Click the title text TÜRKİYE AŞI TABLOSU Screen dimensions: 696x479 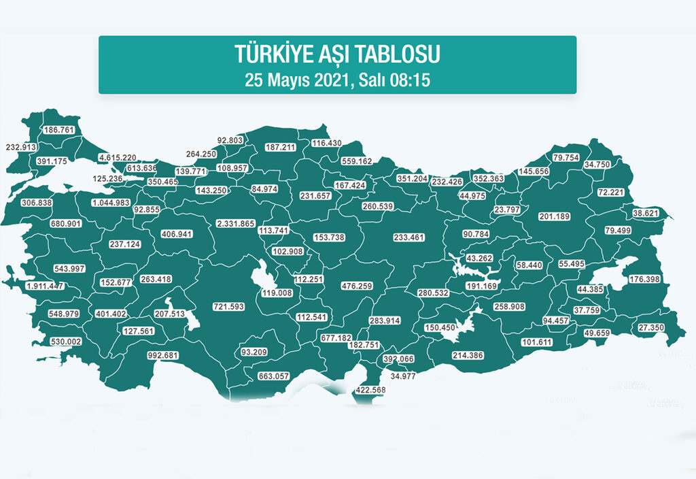click(338, 54)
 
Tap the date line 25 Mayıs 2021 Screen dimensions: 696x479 click(338, 80)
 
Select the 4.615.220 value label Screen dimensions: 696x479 click(118, 158)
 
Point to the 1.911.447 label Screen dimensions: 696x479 click(45, 286)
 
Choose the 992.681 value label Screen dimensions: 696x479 click(167, 355)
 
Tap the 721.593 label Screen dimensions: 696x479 click(228, 308)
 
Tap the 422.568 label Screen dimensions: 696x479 click(371, 391)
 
